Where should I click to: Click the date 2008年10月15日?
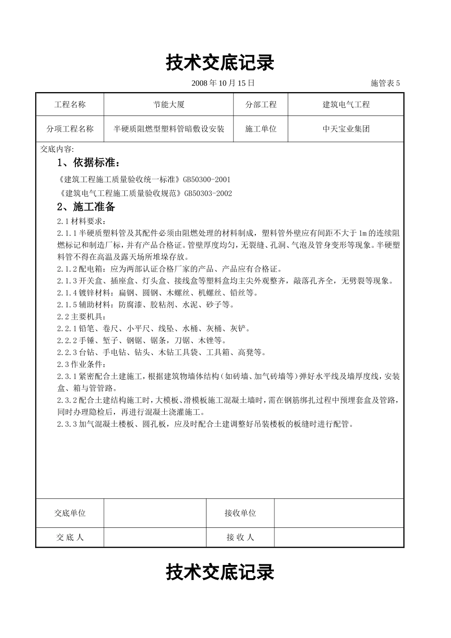click(223, 83)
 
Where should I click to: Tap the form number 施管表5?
click(385, 83)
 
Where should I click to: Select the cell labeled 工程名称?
click(70, 104)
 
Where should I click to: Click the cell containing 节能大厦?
click(169, 104)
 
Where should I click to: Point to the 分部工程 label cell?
click(261, 104)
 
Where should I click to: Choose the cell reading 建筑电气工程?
click(346, 104)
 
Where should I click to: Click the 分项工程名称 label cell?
click(70, 129)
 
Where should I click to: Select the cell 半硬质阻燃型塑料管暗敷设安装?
click(169, 129)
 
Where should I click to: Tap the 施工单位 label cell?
click(261, 129)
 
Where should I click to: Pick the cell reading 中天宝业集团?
click(346, 129)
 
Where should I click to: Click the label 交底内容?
click(57, 149)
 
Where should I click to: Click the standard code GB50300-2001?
click(207, 179)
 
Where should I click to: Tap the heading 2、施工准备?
click(86, 207)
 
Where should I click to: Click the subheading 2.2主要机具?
click(80, 317)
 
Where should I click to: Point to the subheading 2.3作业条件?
click(80, 364)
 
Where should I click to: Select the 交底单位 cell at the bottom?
click(70, 513)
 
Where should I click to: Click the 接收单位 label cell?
click(240, 513)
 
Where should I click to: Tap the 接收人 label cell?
click(240, 537)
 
